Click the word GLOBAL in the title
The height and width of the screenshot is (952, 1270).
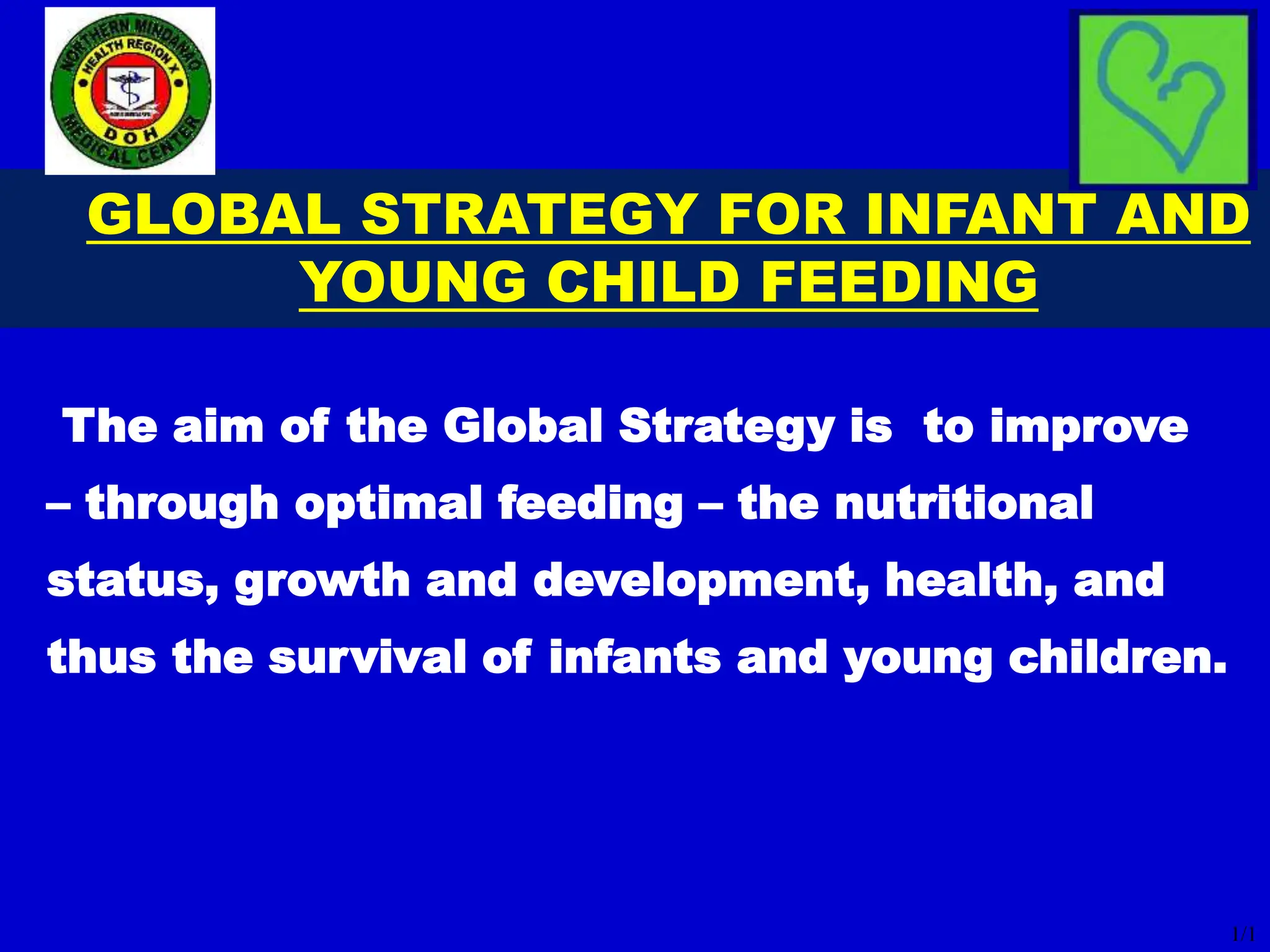point(214,214)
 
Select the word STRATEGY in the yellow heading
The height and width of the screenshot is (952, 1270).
point(528,214)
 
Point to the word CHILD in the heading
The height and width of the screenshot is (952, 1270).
point(645,282)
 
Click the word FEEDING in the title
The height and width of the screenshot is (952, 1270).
point(899,282)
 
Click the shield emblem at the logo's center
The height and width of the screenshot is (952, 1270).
point(131,90)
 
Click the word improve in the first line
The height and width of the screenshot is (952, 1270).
point(1088,428)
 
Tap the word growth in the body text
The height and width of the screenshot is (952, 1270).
point(322,581)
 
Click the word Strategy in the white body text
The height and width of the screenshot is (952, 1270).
point(726,428)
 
